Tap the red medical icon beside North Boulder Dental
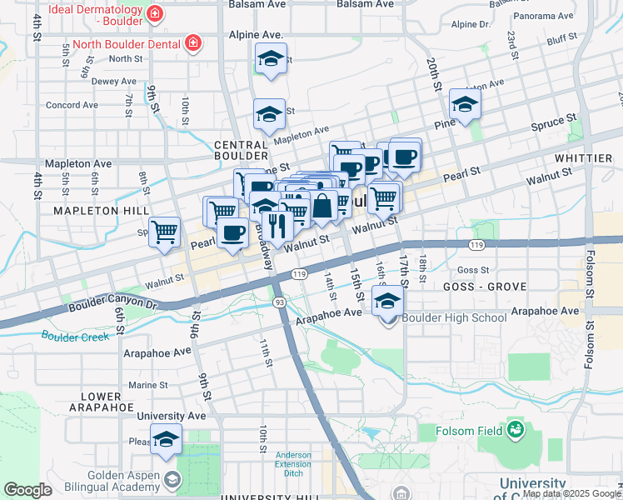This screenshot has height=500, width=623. click(x=192, y=42)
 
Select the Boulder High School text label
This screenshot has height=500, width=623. click(x=454, y=317)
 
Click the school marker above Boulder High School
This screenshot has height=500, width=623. click(x=387, y=302)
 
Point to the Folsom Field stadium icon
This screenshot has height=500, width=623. click(x=516, y=430)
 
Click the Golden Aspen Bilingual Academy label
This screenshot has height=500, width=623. click(x=82, y=479)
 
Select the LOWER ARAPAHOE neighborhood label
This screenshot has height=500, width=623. click(x=107, y=401)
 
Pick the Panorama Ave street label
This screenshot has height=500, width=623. click(x=545, y=16)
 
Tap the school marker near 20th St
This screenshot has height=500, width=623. click(x=465, y=104)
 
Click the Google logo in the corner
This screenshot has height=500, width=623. click(x=27, y=489)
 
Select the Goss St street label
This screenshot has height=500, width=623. click(x=472, y=270)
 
